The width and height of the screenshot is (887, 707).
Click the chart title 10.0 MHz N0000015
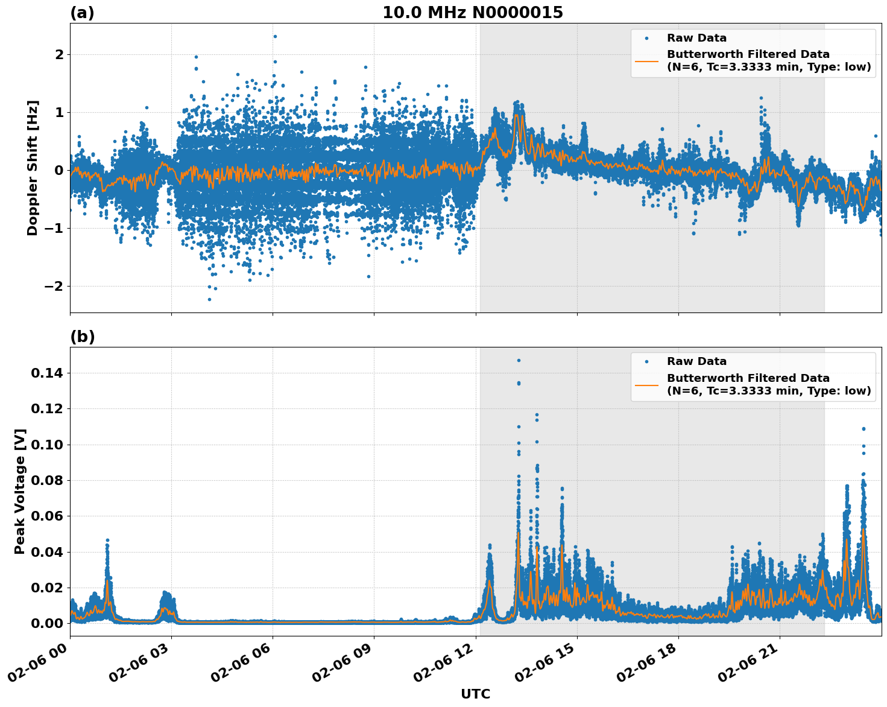coord(472,13)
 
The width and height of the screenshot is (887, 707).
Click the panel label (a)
coord(82,13)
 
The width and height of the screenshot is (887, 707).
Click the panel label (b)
coord(82,337)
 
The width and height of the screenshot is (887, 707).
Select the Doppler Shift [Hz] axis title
coord(33,168)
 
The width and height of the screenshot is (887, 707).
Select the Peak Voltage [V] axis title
coord(20,491)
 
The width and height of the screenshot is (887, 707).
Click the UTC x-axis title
coord(475,694)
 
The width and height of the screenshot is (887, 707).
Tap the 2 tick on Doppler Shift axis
coord(59,55)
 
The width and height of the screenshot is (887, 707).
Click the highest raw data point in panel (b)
coord(518,360)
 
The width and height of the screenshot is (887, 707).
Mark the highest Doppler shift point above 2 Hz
coord(275,36)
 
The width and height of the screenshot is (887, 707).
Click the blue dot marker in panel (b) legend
coord(646,361)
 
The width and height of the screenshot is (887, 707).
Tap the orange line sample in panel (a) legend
coord(646,60)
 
